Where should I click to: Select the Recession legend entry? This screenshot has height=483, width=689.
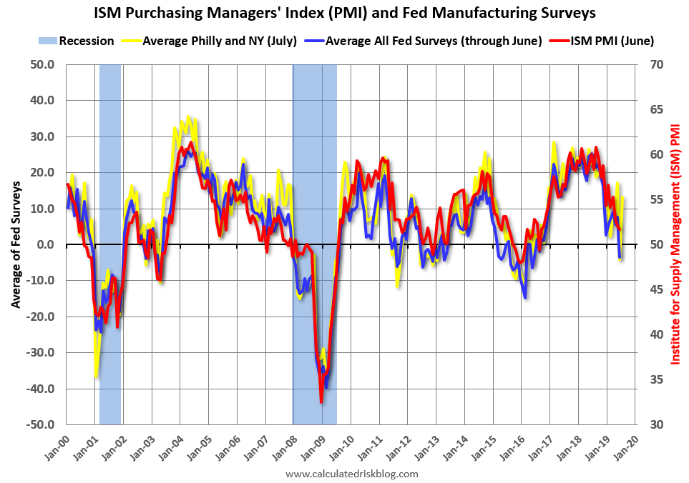tap(79, 41)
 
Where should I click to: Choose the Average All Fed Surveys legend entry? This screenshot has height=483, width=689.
tap(433, 41)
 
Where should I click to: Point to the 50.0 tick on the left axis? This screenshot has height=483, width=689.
tap(43, 64)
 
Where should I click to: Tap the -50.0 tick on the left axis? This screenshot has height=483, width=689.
tap(41, 424)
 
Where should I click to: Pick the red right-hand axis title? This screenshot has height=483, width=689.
tap(675, 244)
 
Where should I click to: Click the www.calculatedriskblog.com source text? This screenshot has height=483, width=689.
tap(351, 474)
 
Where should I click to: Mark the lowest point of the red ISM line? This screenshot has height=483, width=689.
tap(321, 402)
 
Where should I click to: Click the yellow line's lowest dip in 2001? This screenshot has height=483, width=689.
tap(96, 376)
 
